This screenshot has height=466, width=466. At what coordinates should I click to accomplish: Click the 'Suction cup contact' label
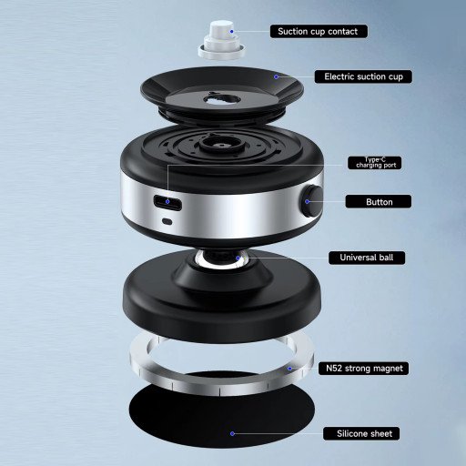319,31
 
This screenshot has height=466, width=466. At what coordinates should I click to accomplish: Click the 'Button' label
378,201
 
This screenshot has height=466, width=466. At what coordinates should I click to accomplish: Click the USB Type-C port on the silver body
167,202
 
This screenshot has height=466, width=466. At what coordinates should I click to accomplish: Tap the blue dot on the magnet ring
290,369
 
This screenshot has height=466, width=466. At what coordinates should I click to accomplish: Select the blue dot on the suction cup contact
231,31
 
